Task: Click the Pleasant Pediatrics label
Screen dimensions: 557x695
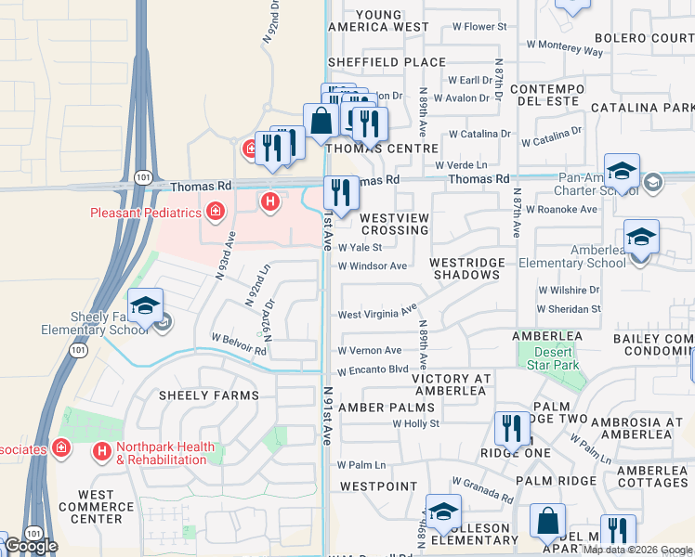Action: pyautogui.click(x=146, y=213)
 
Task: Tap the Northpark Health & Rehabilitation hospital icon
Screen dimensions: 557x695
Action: pyautogui.click(x=101, y=452)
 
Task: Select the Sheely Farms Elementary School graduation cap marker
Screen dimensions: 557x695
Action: pyautogui.click(x=146, y=305)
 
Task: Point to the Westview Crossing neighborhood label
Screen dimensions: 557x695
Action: pyautogui.click(x=394, y=224)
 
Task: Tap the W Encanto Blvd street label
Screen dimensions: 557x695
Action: pyautogui.click(x=373, y=369)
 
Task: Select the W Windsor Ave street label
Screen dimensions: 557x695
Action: pyautogui.click(x=373, y=266)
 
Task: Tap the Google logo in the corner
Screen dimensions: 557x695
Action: pyautogui.click(x=31, y=546)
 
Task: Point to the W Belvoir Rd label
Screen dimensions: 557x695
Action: pyautogui.click(x=239, y=344)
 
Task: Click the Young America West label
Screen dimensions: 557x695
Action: pyautogui.click(x=379, y=21)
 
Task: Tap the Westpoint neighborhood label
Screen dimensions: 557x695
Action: pyautogui.click(x=378, y=486)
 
